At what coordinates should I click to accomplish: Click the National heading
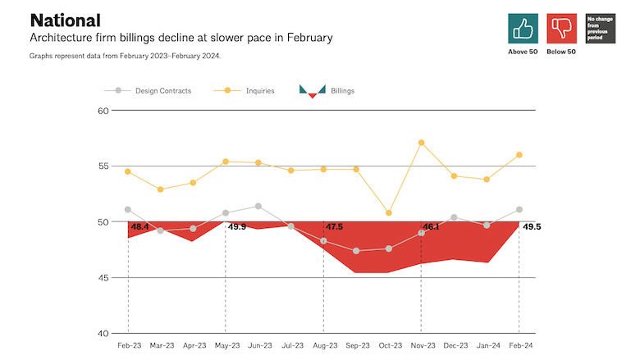coord(65,20)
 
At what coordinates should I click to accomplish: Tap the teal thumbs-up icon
coord(523,28)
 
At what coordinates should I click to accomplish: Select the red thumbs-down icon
coord(561,28)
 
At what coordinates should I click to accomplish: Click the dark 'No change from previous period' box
coord(600,28)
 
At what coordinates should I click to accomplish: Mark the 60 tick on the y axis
coord(103,111)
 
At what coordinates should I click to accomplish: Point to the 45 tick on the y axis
coord(103,278)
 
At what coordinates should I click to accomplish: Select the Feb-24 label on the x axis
coord(519,346)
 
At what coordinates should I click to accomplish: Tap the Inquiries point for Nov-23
coord(421,143)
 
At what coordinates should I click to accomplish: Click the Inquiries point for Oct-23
coord(388,213)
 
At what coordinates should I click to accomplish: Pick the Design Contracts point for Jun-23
coord(258,206)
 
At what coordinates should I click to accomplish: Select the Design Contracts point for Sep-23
coord(356,251)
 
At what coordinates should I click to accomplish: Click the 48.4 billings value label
coord(140,227)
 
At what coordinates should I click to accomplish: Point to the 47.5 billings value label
coord(335,227)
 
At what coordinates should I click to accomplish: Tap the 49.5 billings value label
coord(532,227)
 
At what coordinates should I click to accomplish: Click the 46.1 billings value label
coord(432,227)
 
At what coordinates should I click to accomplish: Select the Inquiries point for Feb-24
coord(519,155)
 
